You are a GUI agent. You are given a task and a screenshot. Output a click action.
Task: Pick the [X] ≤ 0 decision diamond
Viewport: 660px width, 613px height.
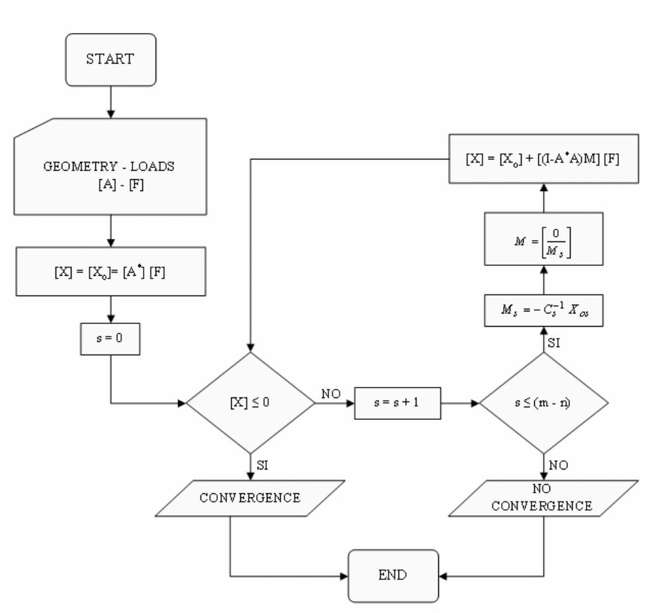click(250, 402)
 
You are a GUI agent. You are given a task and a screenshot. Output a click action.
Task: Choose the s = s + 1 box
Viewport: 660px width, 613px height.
click(397, 402)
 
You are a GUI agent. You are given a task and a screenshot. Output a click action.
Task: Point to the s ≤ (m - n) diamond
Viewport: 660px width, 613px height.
click(543, 402)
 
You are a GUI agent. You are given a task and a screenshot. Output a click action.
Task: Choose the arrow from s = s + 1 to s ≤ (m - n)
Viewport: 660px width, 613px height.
click(459, 402)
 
